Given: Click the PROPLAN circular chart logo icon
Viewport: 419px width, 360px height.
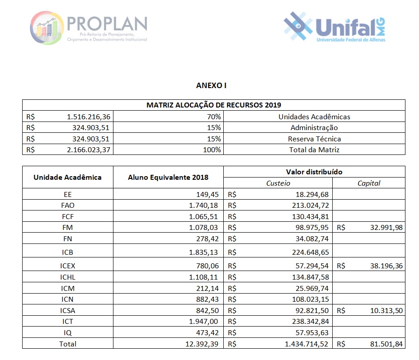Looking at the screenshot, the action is [x=47, y=28].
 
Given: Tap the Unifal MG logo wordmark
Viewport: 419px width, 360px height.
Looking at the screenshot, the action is [x=350, y=28].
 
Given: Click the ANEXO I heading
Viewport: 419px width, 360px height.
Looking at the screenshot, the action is [x=211, y=85].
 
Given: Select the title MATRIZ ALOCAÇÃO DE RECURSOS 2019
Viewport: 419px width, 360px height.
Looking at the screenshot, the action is [x=213, y=105].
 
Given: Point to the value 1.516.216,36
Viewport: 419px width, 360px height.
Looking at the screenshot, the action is [x=89, y=117].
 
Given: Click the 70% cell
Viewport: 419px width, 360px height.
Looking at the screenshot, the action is [x=214, y=117].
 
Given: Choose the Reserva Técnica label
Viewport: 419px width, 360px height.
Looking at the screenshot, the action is [x=314, y=139].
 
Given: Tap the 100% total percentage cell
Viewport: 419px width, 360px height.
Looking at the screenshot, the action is [x=212, y=150].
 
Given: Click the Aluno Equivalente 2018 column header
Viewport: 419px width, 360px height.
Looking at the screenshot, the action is [x=168, y=178].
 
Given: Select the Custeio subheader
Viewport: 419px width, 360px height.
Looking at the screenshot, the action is [x=278, y=183].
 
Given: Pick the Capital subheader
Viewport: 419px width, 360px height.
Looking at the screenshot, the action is [x=369, y=183].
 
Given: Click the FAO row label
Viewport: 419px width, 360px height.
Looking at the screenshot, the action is [x=68, y=206].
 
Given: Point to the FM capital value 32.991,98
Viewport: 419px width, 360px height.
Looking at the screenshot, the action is [x=386, y=228].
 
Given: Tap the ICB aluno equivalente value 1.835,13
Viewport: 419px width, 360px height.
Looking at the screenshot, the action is [x=203, y=252].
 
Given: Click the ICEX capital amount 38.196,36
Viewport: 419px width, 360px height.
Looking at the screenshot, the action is [x=386, y=266].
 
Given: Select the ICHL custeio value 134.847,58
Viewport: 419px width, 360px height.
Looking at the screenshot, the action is [x=310, y=277].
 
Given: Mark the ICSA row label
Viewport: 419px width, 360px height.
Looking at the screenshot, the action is [x=68, y=311].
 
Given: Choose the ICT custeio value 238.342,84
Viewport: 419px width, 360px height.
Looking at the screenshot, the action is [x=310, y=322].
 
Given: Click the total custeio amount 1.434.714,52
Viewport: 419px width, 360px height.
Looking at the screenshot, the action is [x=306, y=344].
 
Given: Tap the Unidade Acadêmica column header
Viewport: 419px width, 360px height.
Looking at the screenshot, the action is [x=68, y=178].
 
